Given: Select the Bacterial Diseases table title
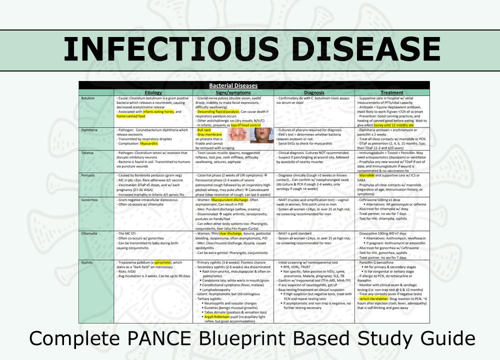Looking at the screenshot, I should (254, 85).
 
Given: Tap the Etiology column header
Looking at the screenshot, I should (153, 92).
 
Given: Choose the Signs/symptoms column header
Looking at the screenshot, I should (233, 92).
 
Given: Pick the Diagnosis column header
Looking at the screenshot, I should (314, 92).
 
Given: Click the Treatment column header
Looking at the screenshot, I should (391, 92).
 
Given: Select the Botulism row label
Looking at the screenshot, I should (89, 98).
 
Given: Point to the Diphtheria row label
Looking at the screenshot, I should (90, 130).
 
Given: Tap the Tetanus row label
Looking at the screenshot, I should (88, 152).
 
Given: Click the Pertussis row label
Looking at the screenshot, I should (89, 175).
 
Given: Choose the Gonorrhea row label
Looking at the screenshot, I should (90, 199).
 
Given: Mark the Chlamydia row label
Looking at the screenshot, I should (90, 233).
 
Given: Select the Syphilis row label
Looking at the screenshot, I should (88, 262).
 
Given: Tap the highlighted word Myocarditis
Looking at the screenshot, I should (148, 143).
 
